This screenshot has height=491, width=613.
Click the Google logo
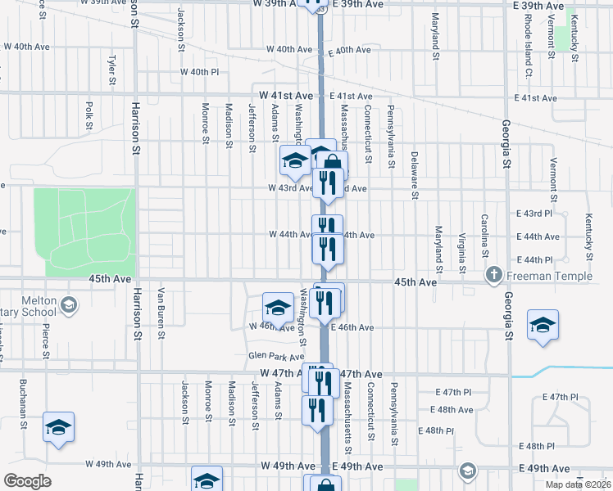pos(27,480)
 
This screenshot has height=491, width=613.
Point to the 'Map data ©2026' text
pos(578,484)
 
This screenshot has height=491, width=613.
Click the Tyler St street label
pos(111,70)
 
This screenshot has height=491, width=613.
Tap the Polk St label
pos(88,115)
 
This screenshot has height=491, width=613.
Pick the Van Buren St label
pos(161,313)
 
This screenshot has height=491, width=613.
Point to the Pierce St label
pos(46,339)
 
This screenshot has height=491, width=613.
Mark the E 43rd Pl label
pos(536,213)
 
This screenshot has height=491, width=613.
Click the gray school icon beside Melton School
pos(70,307)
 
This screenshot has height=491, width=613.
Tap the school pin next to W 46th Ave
pos(278,308)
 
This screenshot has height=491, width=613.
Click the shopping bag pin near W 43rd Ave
pos(333,163)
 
